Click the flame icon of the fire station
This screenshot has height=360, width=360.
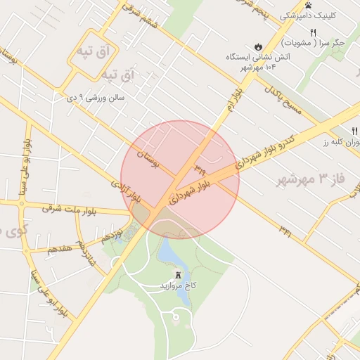[x=259, y=46]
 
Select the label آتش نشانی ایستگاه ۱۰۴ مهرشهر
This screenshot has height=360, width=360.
[x=262, y=61]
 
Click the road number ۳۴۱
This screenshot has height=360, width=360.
[x=285, y=230]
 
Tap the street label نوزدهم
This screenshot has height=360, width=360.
[x=112, y=233]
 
